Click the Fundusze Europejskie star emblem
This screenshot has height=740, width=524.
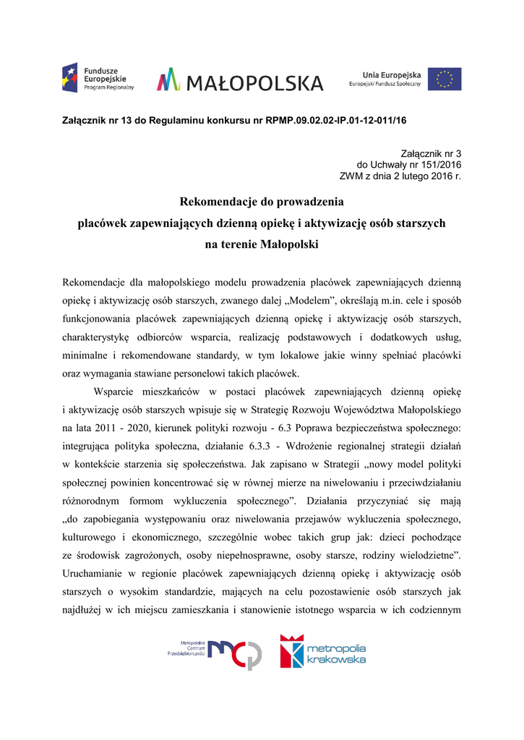click(70, 77)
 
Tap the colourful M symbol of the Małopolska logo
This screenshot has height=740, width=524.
click(168, 79)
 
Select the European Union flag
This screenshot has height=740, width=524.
click(444, 79)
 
